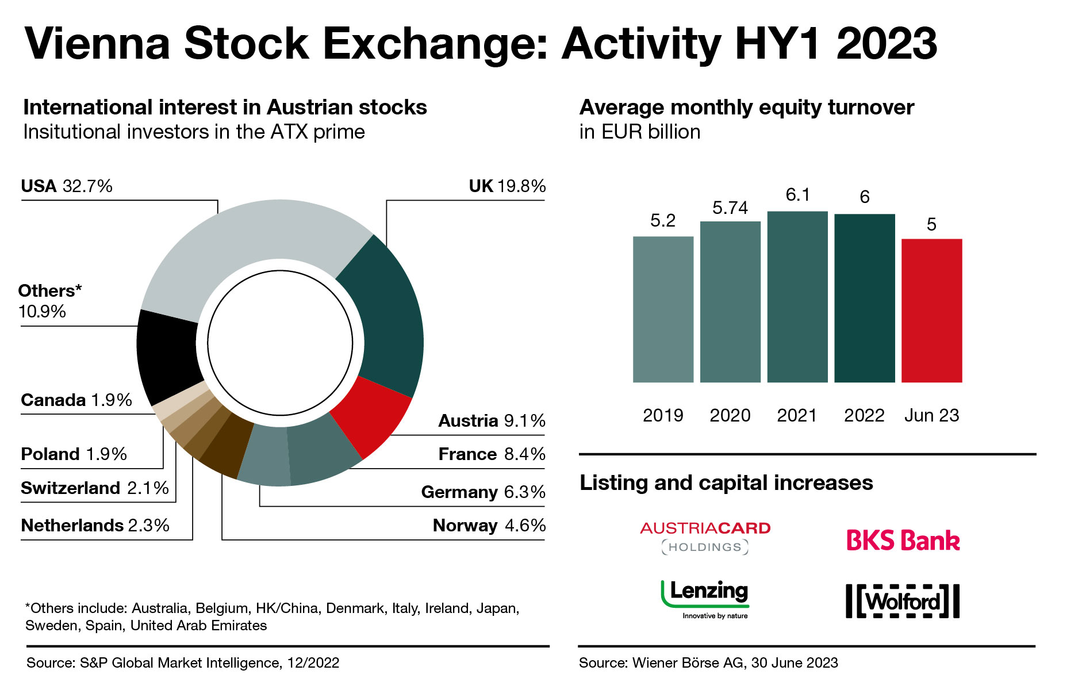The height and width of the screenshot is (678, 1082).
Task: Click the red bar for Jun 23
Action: [931, 311]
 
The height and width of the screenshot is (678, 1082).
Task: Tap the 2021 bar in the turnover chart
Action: [797, 297]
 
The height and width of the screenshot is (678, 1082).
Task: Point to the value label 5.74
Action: [730, 208]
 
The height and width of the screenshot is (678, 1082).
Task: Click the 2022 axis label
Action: [864, 415]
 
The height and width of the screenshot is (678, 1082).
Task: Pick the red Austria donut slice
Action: [371, 417]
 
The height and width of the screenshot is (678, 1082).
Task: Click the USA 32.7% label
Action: [67, 186]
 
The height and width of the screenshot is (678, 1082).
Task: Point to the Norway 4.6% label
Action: [489, 526]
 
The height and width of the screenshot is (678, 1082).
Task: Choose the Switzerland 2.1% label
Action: [95, 488]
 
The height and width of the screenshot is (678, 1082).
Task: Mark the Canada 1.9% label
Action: [76, 400]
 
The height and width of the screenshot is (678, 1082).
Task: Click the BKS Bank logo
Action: [903, 541]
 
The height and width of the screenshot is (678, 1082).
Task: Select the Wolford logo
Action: [903, 602]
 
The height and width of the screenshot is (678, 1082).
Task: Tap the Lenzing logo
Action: [705, 598]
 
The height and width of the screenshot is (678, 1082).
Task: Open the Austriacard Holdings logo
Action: [705, 537]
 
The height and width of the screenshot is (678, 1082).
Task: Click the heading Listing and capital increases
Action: [726, 483]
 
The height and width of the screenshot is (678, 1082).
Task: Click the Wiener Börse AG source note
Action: [708, 663]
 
